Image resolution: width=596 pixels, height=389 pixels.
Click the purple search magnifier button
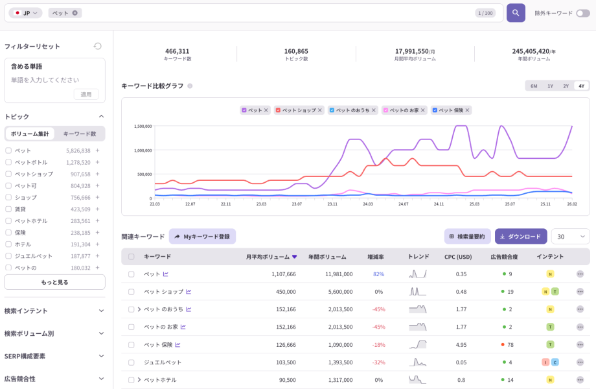[x=516, y=13]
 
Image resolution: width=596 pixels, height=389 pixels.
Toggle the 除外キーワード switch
[x=582, y=13]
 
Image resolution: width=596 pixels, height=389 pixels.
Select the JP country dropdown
[x=26, y=13]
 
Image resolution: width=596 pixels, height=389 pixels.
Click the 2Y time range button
[x=566, y=86]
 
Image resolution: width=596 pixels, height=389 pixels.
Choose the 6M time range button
[x=534, y=86]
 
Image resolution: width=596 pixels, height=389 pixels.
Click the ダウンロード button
[x=520, y=237]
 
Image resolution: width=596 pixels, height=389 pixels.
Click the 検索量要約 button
[x=467, y=237]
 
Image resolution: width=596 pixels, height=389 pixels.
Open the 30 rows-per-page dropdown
[x=570, y=237]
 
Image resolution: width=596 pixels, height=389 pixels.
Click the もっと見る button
[x=54, y=282]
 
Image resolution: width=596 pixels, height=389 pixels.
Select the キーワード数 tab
[x=80, y=134]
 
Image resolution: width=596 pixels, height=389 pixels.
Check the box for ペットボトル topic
[x=8, y=162]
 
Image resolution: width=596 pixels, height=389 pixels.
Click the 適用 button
[x=86, y=94]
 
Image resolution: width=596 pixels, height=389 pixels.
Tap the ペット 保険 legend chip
[x=451, y=110]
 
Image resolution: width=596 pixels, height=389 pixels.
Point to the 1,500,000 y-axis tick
[x=143, y=126]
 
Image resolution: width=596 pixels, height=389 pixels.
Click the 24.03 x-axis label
[x=368, y=204]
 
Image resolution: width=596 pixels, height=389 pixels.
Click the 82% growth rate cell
[x=378, y=274]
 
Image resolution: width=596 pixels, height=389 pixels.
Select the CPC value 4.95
[x=461, y=344]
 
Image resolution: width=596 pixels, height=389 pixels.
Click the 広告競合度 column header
[x=504, y=257]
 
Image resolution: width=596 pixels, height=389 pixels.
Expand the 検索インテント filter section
[x=54, y=311]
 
